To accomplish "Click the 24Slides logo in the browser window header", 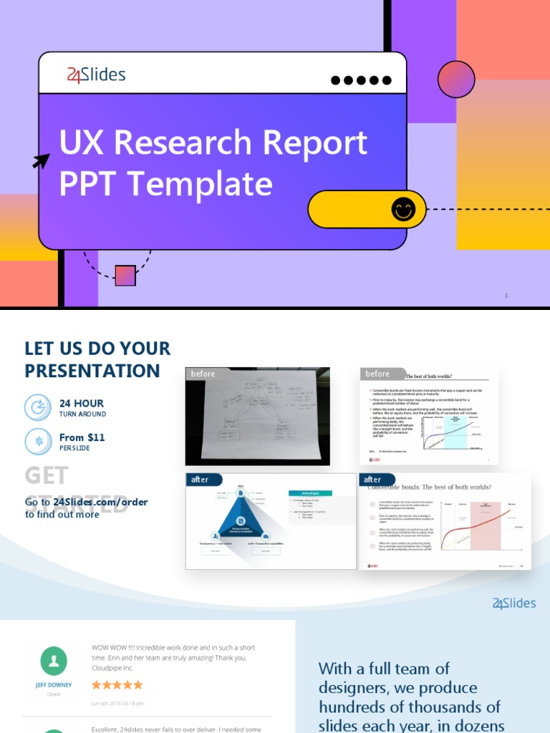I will point(96,74).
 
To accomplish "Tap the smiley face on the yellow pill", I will point(403,210).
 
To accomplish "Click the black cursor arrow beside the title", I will point(42,160).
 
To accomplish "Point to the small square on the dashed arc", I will point(125,276).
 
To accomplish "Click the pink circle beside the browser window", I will point(456,79).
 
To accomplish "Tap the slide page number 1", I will point(506,295).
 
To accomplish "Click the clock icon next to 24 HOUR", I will point(38,407).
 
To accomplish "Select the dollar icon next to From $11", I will point(38,441).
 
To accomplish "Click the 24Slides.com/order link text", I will point(100,502).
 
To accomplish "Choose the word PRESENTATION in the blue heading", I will point(92,371).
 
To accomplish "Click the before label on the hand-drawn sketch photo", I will point(203,374).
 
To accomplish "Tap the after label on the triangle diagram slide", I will point(200,480).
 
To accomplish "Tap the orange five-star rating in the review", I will point(117,685).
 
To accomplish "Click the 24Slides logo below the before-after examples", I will point(514,603).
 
